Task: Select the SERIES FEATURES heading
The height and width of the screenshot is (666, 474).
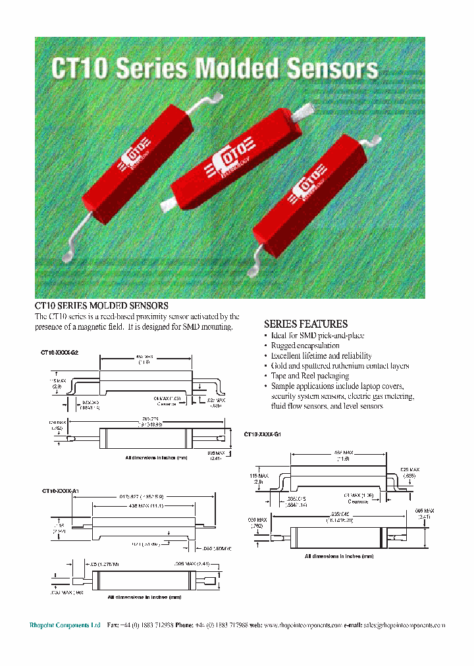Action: click(x=305, y=324)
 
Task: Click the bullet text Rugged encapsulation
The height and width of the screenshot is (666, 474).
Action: click(x=305, y=346)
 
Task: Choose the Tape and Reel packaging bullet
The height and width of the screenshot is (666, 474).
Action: click(x=311, y=375)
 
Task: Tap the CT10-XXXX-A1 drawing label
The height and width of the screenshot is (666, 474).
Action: click(x=60, y=491)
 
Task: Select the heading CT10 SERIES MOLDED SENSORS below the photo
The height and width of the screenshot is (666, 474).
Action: click(x=101, y=306)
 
